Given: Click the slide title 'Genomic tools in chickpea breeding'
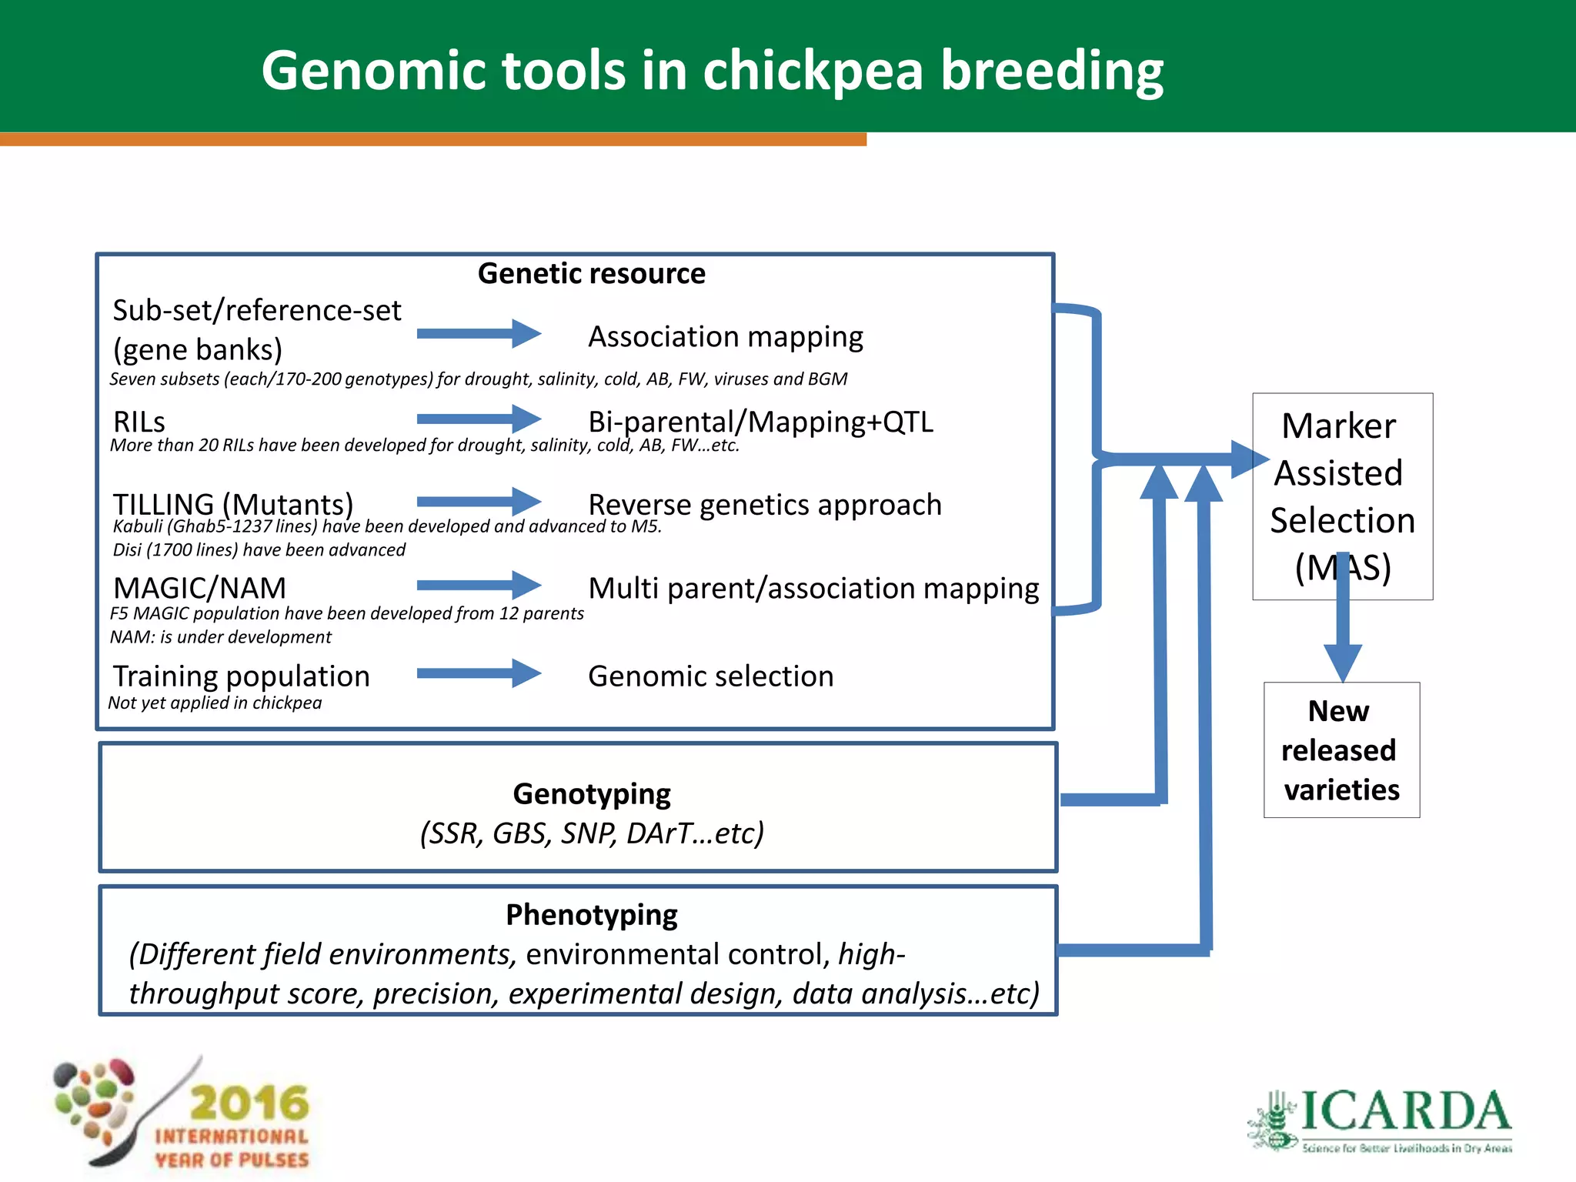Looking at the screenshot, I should [712, 71].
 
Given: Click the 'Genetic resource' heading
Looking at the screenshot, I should [591, 274].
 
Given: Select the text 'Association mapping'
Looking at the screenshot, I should [725, 337].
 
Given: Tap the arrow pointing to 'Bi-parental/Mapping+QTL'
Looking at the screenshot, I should [479, 419].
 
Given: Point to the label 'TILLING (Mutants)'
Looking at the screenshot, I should [232, 504].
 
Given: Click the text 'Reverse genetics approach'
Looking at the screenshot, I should [764, 505].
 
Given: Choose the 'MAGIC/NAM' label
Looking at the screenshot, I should [199, 588].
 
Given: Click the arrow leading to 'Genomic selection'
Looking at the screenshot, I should [479, 673].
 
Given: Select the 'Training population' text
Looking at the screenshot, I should [241, 676].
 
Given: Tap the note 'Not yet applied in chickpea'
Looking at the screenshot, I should [215, 703].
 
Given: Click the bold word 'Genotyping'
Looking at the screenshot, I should [591, 793].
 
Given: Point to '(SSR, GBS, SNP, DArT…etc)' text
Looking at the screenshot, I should [591, 833].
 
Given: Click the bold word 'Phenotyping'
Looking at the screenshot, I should [591, 915].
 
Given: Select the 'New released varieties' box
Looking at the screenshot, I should [1341, 750].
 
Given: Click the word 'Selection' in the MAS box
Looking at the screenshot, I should [1342, 521].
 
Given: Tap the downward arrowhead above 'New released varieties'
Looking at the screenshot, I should [1343, 660].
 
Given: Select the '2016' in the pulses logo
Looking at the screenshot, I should [249, 1103].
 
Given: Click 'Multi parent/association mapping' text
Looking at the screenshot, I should [813, 589].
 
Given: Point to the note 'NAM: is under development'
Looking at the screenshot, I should [220, 637].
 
